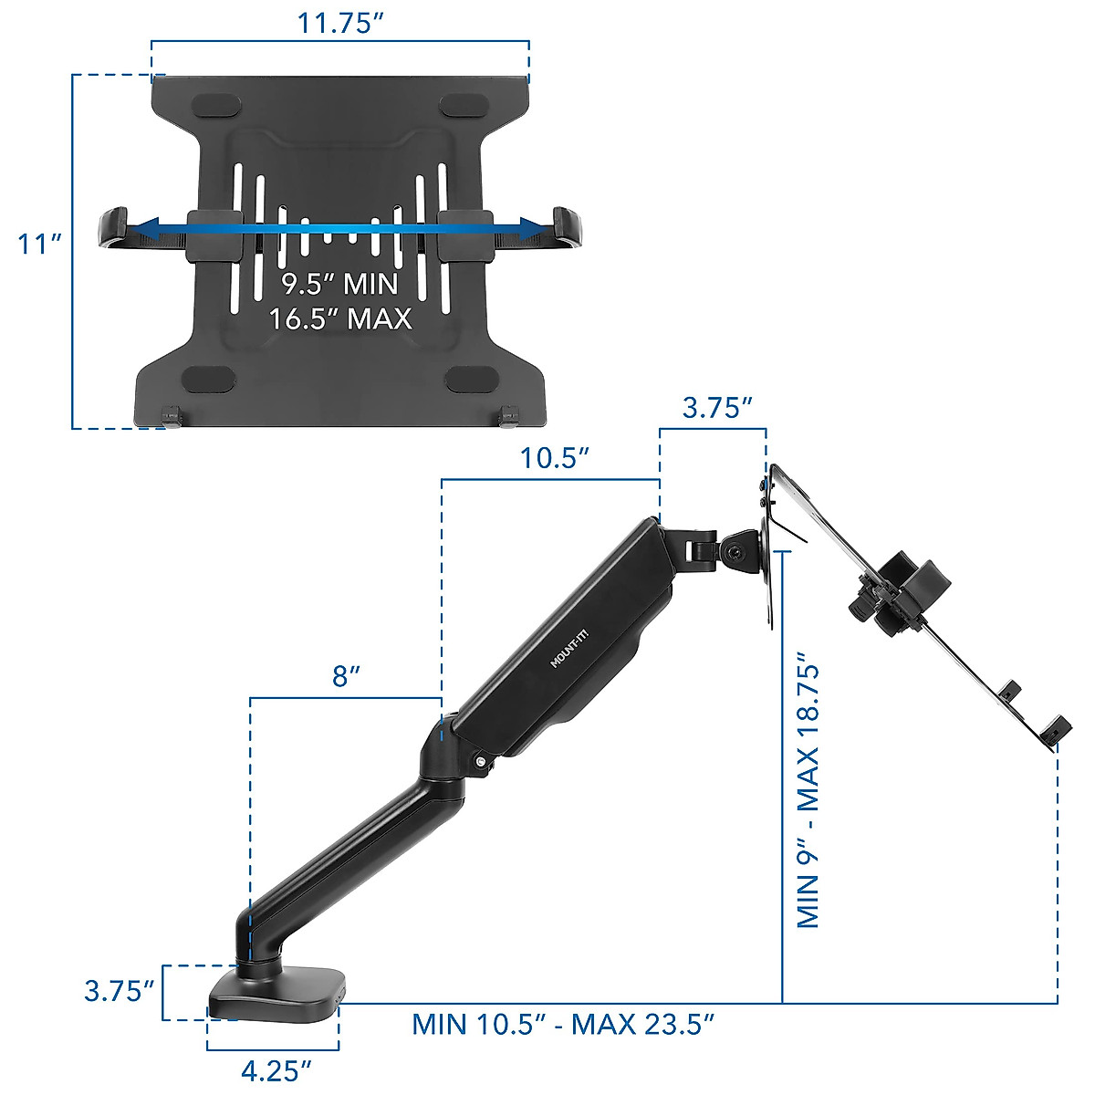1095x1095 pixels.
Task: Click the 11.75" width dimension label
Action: coord(339,23)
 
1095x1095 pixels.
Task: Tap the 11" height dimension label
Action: coord(38,245)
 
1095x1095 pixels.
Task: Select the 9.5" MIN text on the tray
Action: coord(339,284)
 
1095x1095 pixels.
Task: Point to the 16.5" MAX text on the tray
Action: coord(339,318)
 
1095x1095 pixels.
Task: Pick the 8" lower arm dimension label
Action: coord(345,677)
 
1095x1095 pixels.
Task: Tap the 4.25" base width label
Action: coord(276,1070)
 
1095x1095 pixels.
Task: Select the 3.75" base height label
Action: coord(119,990)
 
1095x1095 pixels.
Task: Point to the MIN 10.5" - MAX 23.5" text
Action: coord(562,1024)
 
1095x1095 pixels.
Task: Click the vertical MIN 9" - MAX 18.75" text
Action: coord(808,790)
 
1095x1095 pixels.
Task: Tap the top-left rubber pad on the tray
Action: coord(217,106)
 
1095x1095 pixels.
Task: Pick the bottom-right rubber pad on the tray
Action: coord(468,378)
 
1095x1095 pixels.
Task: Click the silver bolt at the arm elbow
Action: coord(479,762)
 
